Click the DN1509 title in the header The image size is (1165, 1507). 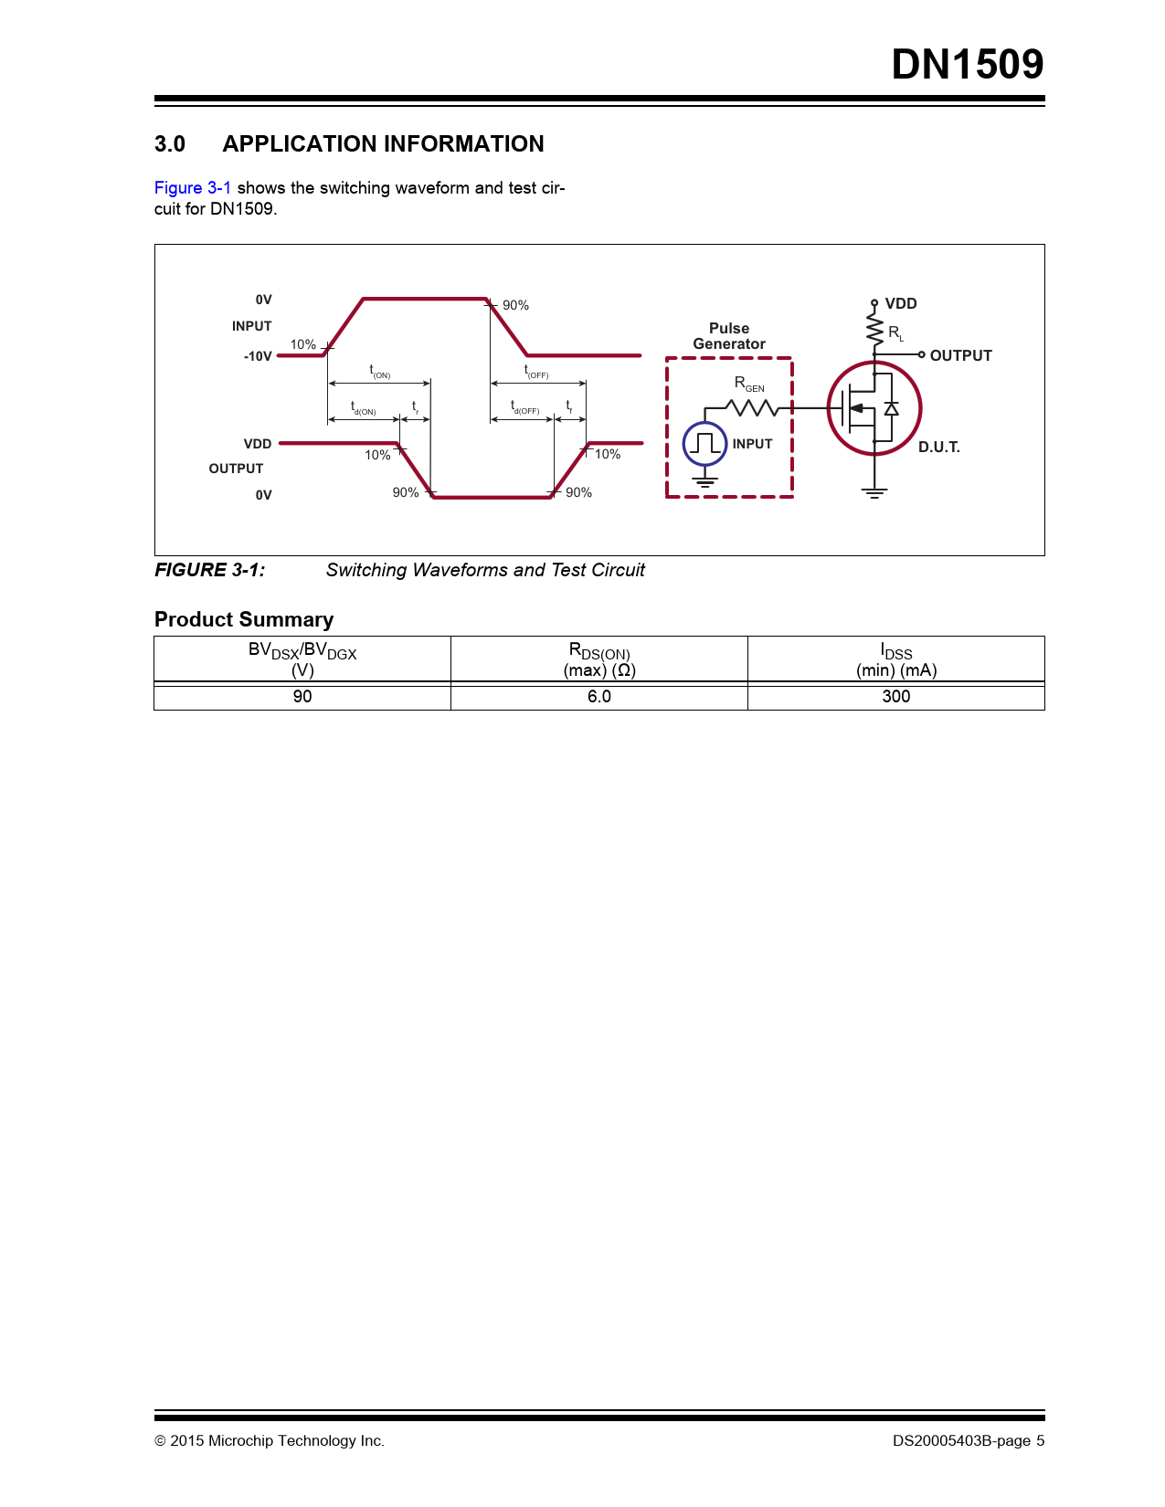click(x=967, y=65)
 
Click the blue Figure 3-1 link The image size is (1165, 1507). click(x=192, y=188)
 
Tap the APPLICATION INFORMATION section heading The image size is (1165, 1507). click(x=383, y=144)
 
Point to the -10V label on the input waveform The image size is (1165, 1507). click(x=258, y=356)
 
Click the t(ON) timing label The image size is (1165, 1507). click(x=379, y=371)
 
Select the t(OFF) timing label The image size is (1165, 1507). click(x=535, y=371)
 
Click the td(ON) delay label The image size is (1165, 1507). click(x=363, y=408)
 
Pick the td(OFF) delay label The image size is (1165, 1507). click(x=524, y=408)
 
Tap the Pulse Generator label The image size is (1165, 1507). click(x=729, y=336)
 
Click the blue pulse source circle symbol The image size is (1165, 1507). click(x=704, y=444)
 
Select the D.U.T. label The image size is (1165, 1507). click(x=938, y=448)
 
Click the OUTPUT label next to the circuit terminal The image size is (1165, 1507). click(x=960, y=356)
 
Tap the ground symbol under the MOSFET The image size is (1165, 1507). click(x=874, y=493)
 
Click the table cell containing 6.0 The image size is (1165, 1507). click(x=599, y=697)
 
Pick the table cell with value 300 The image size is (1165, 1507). click(x=895, y=697)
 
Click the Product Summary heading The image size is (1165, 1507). click(x=244, y=619)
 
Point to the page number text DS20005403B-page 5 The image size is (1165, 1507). click(x=969, y=1441)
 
